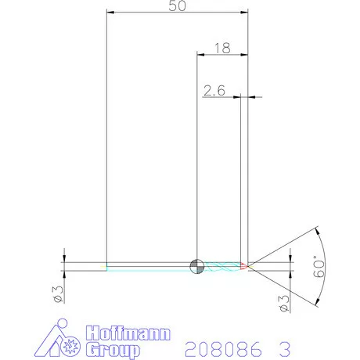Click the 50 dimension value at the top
tap(176, 6)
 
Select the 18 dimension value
tap(221, 49)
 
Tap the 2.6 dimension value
tap(214, 91)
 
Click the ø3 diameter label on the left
tap(57, 293)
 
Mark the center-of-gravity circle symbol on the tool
tap(196, 266)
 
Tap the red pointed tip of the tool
tap(247, 266)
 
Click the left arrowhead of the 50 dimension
tap(109, 13)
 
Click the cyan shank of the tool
tap(149, 267)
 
